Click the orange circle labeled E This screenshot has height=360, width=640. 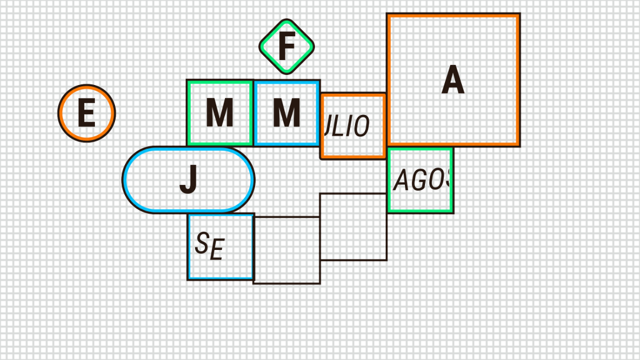(87, 113)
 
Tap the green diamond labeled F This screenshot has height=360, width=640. (287, 46)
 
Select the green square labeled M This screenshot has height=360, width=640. (220, 113)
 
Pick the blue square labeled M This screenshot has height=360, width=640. (287, 113)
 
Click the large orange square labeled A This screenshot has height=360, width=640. (453, 80)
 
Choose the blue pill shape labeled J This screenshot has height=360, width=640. (188, 180)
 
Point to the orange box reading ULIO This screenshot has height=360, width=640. (353, 126)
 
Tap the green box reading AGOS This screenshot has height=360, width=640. (421, 180)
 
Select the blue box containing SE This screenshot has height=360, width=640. (221, 247)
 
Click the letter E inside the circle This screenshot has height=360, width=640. (86, 114)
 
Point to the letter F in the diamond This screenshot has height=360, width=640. (286, 46)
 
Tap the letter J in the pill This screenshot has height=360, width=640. (188, 181)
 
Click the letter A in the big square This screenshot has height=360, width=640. (453, 80)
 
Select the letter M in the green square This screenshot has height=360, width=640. (220, 114)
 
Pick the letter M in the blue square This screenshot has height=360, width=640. (287, 114)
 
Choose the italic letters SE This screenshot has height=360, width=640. (209, 246)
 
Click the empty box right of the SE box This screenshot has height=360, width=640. (287, 251)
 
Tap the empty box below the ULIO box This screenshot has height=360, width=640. (353, 227)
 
